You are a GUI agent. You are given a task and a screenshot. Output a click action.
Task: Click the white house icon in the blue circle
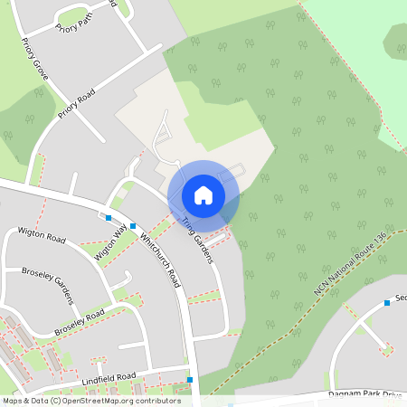pos(203,194)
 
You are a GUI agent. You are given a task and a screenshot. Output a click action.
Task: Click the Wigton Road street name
pos(43,236)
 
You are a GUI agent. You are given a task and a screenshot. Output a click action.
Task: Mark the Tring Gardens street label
pos(196,241)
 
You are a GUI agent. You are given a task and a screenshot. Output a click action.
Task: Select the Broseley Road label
pos(79,320)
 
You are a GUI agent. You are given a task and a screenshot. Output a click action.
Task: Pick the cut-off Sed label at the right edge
pos(401,297)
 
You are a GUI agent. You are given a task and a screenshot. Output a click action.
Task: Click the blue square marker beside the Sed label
pos(386,302)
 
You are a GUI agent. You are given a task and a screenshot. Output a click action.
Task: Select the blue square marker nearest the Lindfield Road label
pos(190,380)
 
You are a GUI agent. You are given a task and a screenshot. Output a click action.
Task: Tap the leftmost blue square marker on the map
pos(109,218)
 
